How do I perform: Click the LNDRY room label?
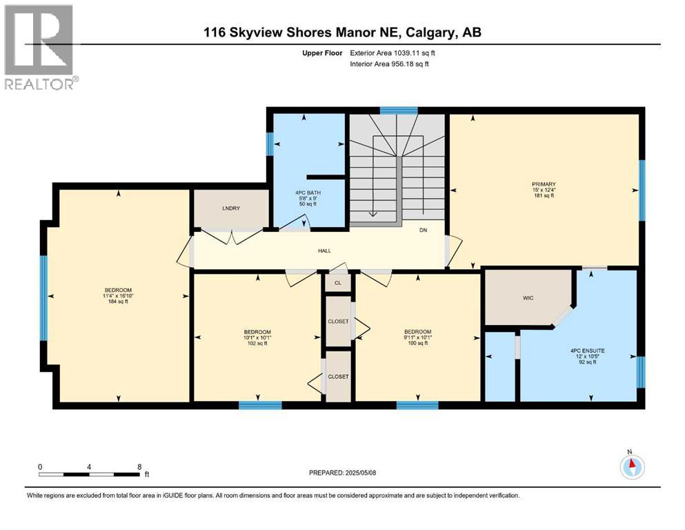click(230, 208)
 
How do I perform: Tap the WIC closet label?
click(528, 298)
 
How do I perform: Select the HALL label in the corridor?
click(325, 251)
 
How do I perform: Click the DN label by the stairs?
click(423, 230)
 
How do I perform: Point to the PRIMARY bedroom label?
click(544, 184)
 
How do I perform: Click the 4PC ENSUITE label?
click(588, 351)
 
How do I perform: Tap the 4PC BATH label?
click(308, 193)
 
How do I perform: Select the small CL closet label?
click(338, 283)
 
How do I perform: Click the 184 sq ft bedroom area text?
click(118, 302)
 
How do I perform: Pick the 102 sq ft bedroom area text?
click(257, 343)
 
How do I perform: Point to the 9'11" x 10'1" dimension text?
click(417, 337)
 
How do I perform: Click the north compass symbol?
click(632, 467)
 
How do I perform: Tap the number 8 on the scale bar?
click(139, 467)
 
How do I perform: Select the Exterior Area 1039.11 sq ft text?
click(393, 53)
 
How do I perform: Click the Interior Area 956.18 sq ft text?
click(389, 63)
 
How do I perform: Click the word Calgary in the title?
click(428, 32)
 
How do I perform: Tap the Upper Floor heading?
click(322, 53)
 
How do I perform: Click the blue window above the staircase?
click(399, 110)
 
